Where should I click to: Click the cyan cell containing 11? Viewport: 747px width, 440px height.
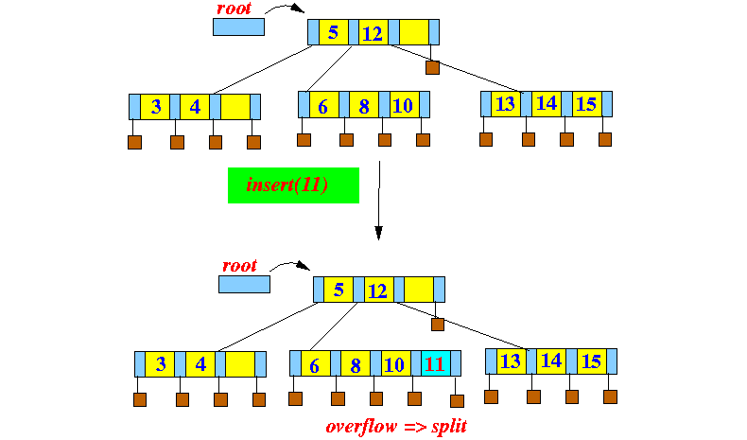click(x=435, y=363)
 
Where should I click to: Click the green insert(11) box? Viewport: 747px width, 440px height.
click(x=293, y=185)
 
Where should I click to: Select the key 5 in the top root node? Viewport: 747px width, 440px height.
click(x=333, y=33)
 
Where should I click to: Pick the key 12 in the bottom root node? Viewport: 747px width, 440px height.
click(x=376, y=290)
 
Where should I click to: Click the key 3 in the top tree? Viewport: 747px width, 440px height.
click(x=155, y=106)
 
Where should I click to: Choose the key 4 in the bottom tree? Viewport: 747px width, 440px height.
click(x=200, y=363)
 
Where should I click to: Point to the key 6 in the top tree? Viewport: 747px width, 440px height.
click(x=322, y=105)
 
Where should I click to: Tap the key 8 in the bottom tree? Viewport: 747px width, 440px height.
click(x=356, y=363)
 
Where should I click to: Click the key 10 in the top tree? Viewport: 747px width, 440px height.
click(x=402, y=105)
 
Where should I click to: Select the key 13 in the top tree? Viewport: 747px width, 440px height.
click(x=506, y=103)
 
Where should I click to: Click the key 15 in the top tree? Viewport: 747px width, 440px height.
click(x=585, y=103)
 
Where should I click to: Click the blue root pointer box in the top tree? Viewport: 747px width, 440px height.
click(x=238, y=26)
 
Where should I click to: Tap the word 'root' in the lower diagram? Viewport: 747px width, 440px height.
click(x=239, y=266)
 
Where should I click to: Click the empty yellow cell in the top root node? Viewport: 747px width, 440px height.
click(x=414, y=33)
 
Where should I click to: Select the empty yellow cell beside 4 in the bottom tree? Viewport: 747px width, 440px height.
click(x=240, y=363)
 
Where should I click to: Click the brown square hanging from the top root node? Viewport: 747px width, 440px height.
click(x=432, y=68)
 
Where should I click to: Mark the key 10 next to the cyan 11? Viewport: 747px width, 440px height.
click(x=395, y=363)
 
